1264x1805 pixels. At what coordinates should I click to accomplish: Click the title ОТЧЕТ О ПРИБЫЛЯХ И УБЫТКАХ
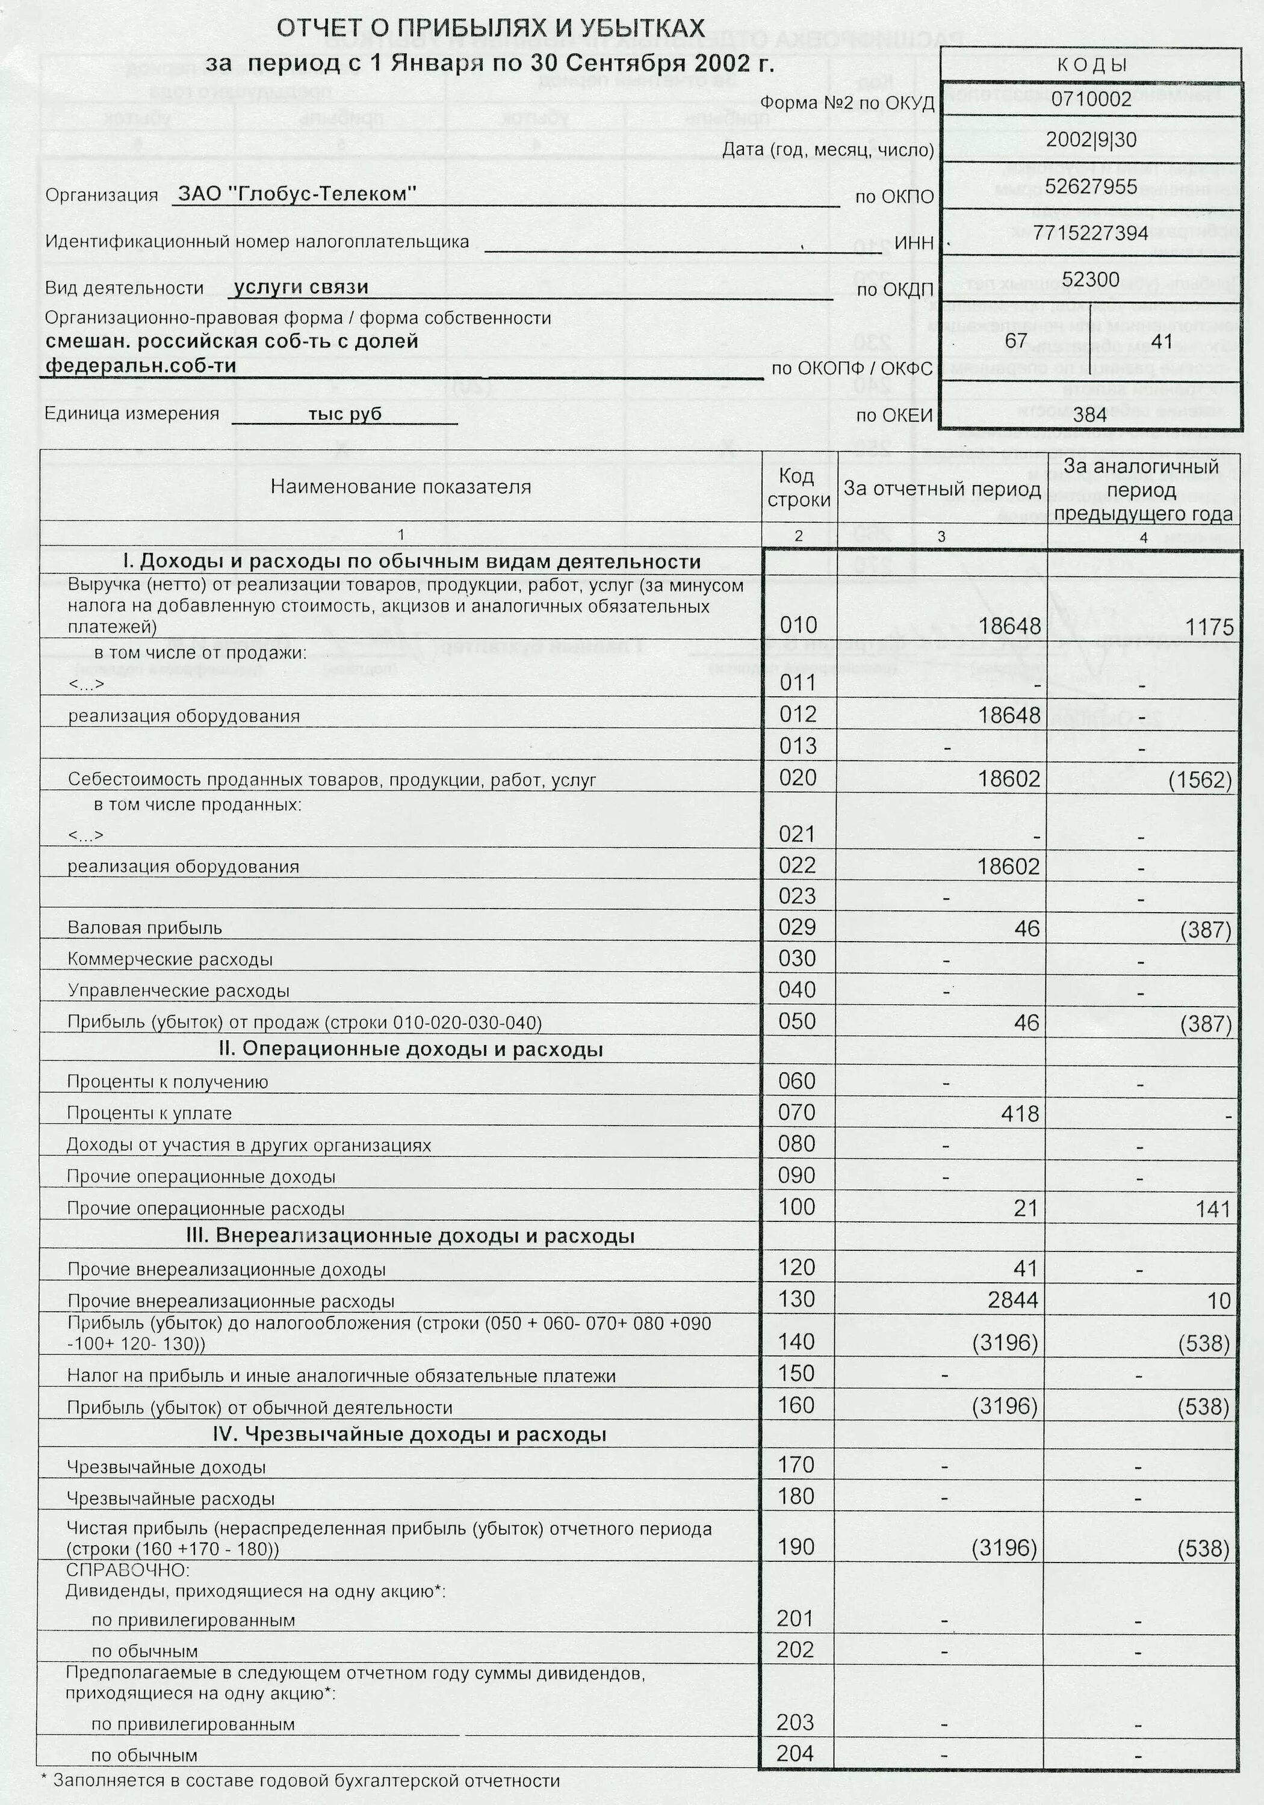(490, 29)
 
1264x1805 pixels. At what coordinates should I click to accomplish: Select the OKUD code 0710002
(1091, 99)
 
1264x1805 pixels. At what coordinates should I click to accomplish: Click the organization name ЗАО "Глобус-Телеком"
(297, 194)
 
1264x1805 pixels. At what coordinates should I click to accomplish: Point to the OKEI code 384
(1089, 415)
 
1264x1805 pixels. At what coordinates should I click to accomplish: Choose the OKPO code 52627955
(1091, 187)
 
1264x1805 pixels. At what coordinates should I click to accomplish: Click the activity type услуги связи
(301, 287)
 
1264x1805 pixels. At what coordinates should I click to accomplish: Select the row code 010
(798, 625)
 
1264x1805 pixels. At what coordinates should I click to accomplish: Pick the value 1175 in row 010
(1209, 626)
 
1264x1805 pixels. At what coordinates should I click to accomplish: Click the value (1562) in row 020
(1200, 779)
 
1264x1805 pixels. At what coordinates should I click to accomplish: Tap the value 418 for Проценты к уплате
(1020, 1113)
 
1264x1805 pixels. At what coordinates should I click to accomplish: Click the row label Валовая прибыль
(144, 928)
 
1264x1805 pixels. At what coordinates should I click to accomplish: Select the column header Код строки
(798, 487)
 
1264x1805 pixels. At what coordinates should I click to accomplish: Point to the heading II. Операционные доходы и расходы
(410, 1049)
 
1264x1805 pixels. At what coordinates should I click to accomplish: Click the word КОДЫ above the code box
(1091, 65)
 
